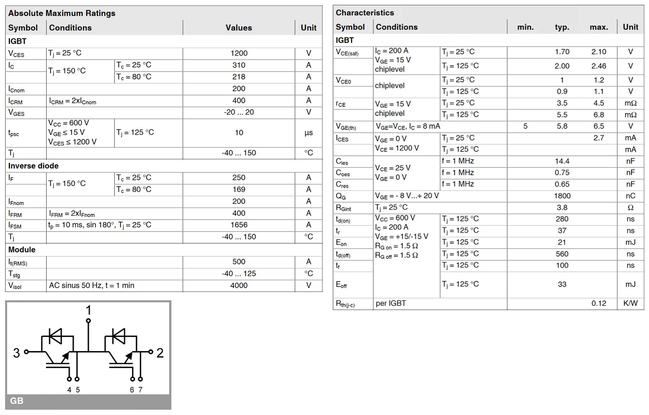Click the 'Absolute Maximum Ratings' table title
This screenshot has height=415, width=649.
pos(62,13)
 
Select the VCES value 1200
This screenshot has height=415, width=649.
pos(239,53)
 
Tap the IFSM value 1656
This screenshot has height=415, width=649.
pos(239,225)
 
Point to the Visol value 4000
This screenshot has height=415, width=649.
pos(239,286)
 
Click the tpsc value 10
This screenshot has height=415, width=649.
pos(239,133)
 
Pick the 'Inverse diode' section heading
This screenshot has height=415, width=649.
pos(33,166)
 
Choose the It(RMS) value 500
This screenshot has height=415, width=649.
pos(239,262)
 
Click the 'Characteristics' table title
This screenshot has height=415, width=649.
pos(365,13)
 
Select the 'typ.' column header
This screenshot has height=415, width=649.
pos(562,27)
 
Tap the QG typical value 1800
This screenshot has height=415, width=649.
pos(562,196)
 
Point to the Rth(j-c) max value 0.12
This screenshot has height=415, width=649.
pos(599,304)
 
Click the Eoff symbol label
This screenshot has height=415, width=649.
pos(341,284)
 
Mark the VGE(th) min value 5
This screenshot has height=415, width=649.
pos(525,126)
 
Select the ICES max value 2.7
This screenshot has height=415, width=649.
pos(599,138)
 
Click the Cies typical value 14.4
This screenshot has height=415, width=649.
pos(562,161)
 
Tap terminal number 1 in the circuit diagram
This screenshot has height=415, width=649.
pos(88,310)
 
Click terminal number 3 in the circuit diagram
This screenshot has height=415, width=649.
pos(16,353)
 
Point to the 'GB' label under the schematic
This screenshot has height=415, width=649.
pos(17,401)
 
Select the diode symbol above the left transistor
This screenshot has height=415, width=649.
pos(55,336)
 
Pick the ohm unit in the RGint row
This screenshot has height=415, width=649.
pos(630,208)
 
